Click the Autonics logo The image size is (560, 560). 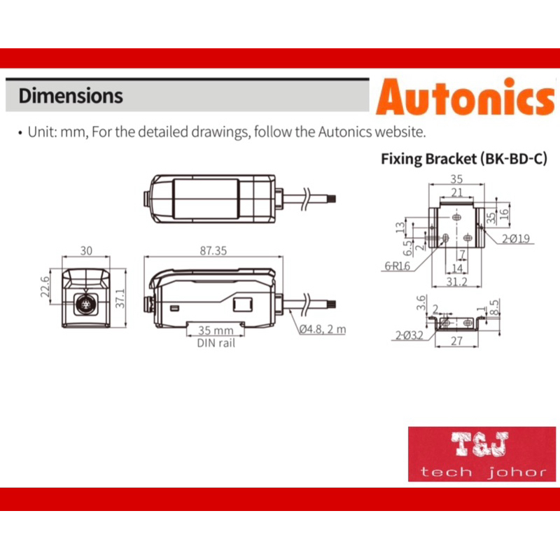coord(465,97)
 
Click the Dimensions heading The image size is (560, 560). coord(71,96)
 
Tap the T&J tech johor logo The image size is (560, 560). coord(482,454)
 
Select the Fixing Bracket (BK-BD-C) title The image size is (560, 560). coord(464,159)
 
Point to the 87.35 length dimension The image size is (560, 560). coord(213,251)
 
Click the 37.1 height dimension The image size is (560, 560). coord(120,298)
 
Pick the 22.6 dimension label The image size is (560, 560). coord(45,286)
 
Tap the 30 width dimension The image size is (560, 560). coord(86,251)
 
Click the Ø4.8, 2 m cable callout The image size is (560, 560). coord(323,329)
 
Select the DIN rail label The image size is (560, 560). coord(216,343)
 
